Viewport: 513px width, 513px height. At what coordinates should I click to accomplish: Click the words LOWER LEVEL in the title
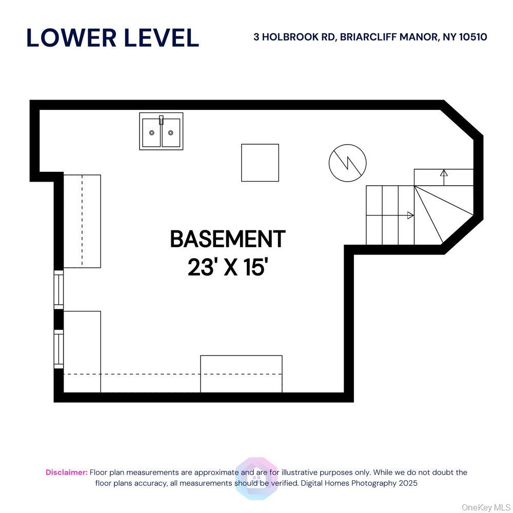coord(112,38)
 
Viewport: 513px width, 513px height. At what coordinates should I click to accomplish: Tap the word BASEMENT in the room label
coord(227,239)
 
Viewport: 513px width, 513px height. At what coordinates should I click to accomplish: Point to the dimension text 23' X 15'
coord(228,267)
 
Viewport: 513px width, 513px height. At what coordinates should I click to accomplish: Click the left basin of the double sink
coord(151,132)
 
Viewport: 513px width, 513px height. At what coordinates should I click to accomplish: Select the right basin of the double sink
coord(171,132)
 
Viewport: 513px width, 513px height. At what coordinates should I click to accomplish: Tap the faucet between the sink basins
coord(161,121)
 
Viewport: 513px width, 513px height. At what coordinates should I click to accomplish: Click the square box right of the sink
coord(260,163)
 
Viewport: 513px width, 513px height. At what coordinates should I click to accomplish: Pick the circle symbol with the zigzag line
coord(348,163)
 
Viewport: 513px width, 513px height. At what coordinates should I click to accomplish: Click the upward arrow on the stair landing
coord(444,173)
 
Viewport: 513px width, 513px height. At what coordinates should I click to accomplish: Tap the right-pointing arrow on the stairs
coord(410,215)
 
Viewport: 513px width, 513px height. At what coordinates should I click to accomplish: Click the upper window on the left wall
coord(59,290)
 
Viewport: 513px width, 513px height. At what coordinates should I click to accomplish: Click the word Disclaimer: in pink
coord(67,472)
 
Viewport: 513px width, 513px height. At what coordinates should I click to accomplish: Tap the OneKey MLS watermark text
coord(486,507)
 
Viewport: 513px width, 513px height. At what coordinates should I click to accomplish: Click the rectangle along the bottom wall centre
coord(241,374)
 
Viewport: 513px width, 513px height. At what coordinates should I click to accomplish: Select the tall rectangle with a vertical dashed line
coord(82,221)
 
